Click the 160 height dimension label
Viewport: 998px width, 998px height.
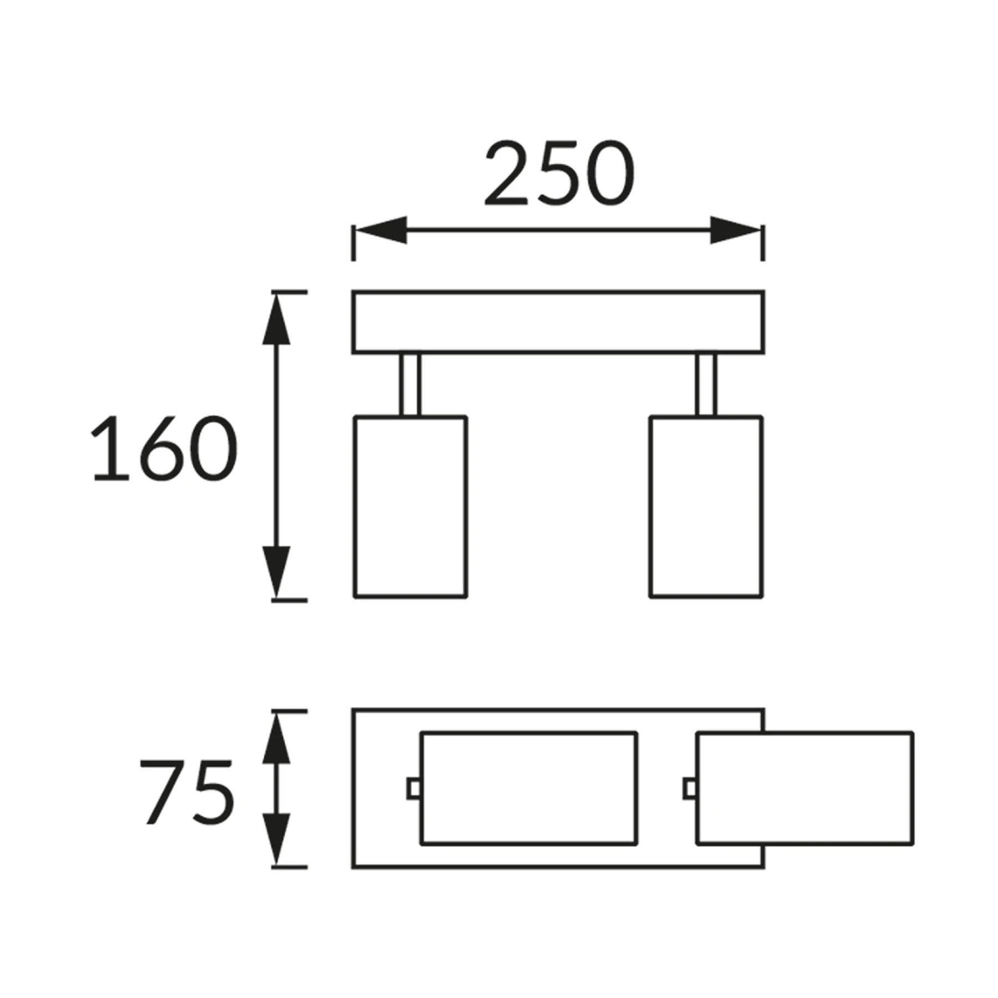click(165, 448)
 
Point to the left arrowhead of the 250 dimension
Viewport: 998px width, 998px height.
click(381, 230)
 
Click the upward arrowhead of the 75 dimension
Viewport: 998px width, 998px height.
click(276, 738)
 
